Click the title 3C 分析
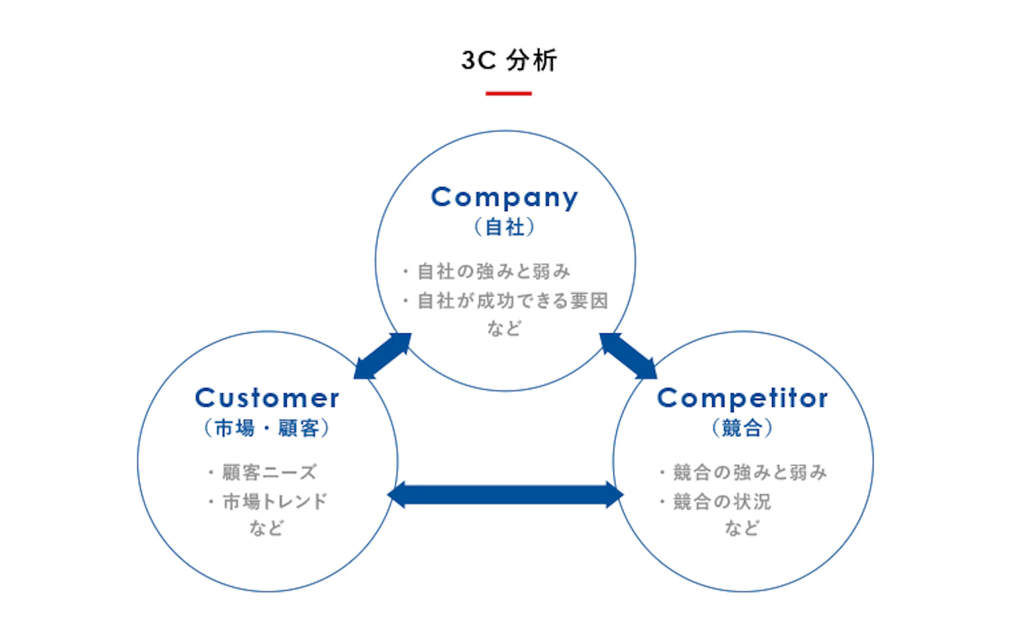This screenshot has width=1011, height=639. pos(509,61)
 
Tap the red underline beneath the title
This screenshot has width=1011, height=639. pos(508,94)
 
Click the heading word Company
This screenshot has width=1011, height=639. pos(505,197)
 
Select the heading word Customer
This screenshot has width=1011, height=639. pos(267,398)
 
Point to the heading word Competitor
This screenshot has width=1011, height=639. pos(742,398)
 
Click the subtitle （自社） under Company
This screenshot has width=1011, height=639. pos(505,227)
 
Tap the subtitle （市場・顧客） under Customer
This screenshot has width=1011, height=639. pos(267,428)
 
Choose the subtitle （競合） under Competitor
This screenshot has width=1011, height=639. pos(742,428)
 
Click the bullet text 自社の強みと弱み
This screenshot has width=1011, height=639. pos(494,271)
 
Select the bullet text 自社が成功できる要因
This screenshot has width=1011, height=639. pos(512,301)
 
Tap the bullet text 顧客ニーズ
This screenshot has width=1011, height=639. pos(269,472)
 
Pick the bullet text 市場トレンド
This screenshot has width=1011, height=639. pos(274,501)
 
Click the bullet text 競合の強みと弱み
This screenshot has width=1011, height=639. pos(750,472)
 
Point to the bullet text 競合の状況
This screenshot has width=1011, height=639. pos(721,501)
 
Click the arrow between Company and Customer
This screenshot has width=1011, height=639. pos(382,356)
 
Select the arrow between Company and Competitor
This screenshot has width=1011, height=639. pos(628,356)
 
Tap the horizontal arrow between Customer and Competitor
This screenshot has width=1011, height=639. pos(505,495)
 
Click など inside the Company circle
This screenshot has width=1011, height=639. pos(504,328)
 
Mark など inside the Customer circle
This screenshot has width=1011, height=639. pos(267,528)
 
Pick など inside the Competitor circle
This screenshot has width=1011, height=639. pos(742,528)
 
